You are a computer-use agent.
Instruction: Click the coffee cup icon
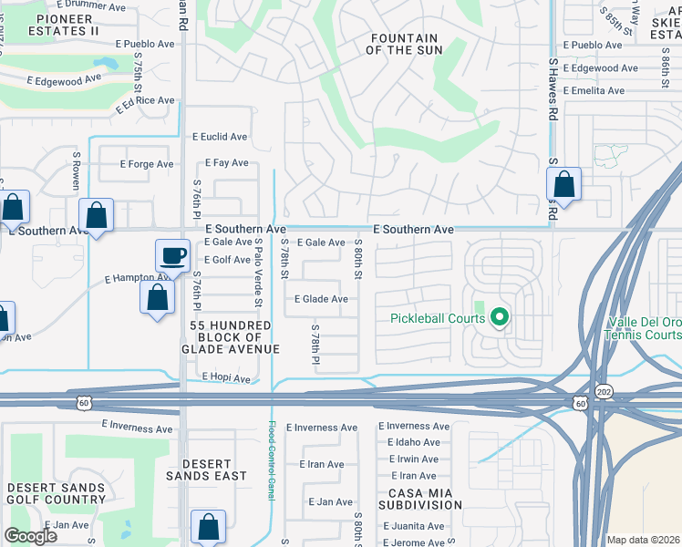(172, 255)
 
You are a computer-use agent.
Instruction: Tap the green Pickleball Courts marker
(499, 318)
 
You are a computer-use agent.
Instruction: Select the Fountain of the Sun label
(402, 44)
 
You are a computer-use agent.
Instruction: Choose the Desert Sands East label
(206, 470)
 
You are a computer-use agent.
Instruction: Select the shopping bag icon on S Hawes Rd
(564, 185)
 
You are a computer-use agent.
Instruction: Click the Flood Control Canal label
(271, 459)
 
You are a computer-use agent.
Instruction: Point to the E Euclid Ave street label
(219, 137)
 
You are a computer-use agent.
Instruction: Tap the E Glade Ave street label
(320, 299)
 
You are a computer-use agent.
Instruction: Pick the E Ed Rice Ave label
(144, 104)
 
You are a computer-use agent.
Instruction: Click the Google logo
(31, 536)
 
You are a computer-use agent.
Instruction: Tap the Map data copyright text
(642, 540)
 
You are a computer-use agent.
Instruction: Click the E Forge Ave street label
(146, 165)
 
